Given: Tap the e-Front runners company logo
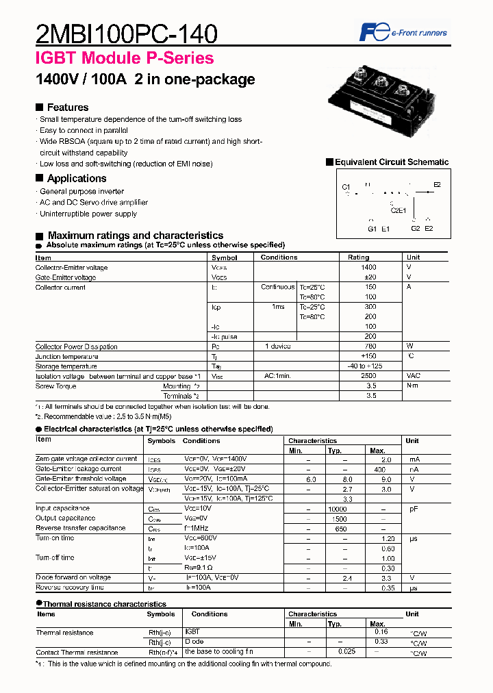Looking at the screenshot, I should [403, 32].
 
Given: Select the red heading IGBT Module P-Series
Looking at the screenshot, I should [125, 59].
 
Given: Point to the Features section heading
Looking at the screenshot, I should [67, 108].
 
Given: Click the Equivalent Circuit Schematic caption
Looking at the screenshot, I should [391, 162].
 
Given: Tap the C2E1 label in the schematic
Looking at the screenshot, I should [398, 210].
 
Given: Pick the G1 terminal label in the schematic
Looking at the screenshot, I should [372, 229].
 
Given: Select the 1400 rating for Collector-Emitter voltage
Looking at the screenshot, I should [369, 268].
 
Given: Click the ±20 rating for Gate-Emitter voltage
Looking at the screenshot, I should [369, 277].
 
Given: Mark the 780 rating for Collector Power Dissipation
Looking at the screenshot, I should [370, 346].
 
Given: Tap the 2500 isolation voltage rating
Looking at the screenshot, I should [368, 376].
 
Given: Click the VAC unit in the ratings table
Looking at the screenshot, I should [414, 376].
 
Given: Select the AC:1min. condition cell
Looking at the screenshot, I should [279, 376].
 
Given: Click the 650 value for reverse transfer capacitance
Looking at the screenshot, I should [340, 528].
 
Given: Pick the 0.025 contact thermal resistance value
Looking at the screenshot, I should [346, 651].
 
